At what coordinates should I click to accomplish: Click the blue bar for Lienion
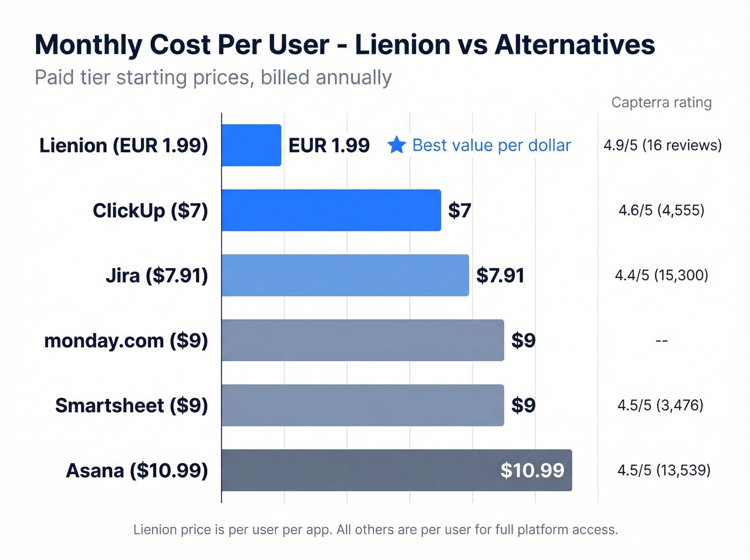tap(251, 145)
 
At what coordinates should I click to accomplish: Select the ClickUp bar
tap(331, 210)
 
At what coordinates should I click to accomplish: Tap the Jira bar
tap(345, 275)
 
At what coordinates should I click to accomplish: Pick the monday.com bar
tap(363, 340)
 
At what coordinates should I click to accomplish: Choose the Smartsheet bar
tap(363, 405)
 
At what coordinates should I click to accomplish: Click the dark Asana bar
tap(359, 470)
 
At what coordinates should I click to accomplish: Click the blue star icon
tap(396, 145)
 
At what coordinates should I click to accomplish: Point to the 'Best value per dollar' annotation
tap(491, 145)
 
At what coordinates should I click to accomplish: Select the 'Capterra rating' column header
tap(661, 102)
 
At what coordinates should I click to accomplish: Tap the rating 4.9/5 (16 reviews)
tap(662, 145)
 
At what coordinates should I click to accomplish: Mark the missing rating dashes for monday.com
tap(662, 341)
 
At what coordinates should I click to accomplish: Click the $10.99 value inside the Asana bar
tap(532, 471)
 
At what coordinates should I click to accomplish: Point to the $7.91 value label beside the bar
tap(500, 275)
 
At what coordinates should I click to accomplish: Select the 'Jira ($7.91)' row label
tap(156, 275)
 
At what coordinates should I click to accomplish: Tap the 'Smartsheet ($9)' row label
tap(131, 406)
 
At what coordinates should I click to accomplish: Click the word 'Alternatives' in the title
tap(574, 44)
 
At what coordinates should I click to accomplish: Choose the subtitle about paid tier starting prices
tap(213, 78)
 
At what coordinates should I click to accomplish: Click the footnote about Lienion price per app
tap(376, 529)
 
